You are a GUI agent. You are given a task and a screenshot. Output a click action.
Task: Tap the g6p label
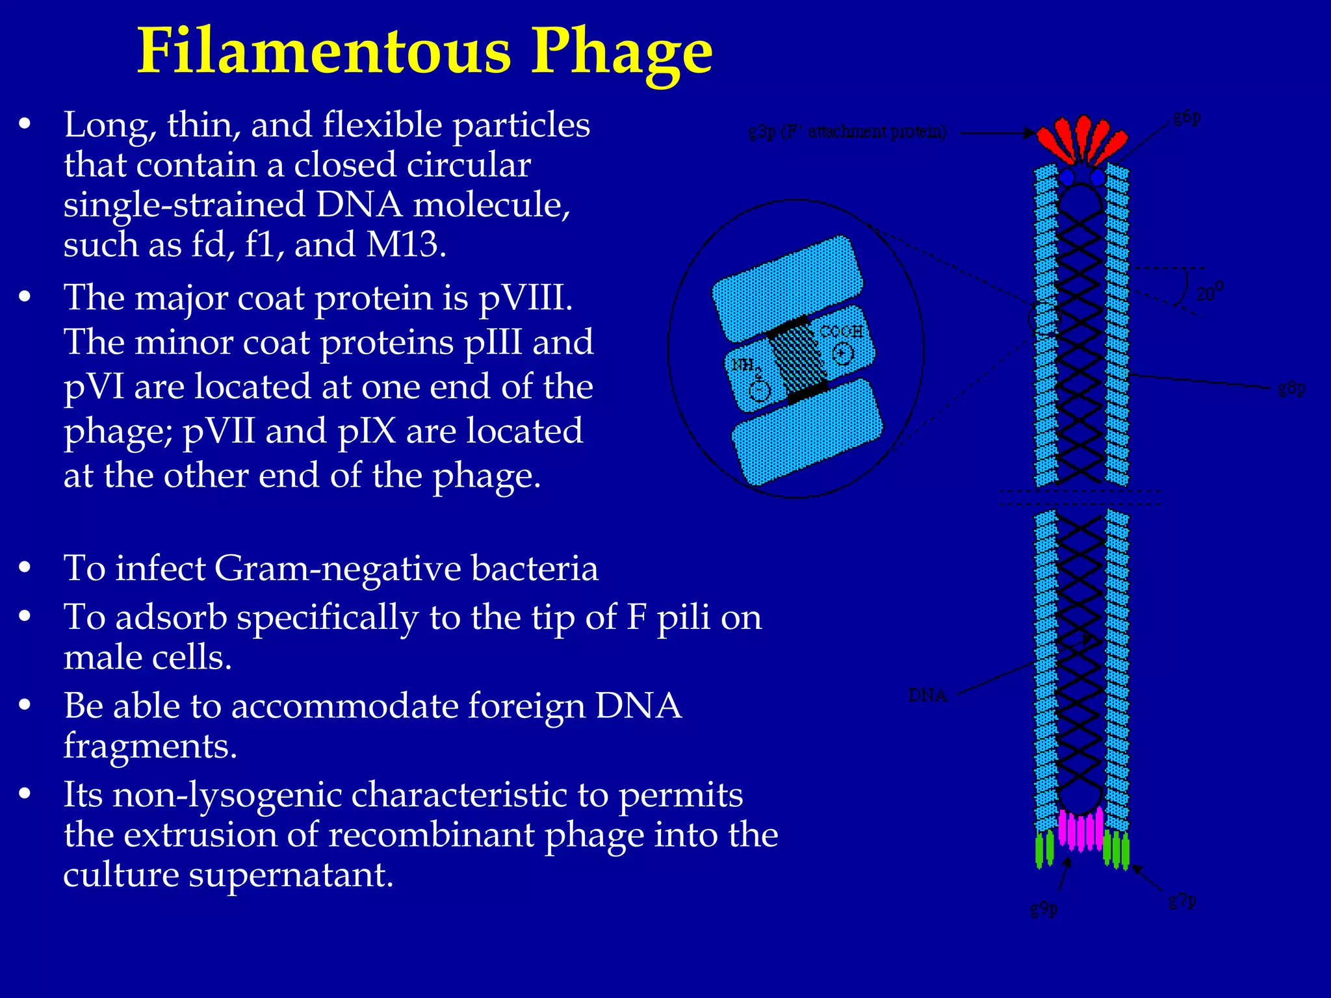[x=1187, y=118]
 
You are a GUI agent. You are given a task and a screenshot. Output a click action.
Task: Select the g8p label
[x=1291, y=389]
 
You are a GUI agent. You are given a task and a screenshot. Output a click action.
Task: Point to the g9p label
[x=1044, y=908]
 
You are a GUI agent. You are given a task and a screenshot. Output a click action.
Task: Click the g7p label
[x=1182, y=901]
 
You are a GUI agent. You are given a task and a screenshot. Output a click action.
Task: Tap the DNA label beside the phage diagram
[x=927, y=695]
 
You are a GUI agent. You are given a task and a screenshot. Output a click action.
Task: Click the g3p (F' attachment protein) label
[x=847, y=132]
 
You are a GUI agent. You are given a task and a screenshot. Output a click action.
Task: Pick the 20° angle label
[x=1209, y=292]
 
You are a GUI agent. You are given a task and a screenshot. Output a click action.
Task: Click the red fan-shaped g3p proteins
[x=1081, y=139]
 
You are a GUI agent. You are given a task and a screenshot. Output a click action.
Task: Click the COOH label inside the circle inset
[x=841, y=331]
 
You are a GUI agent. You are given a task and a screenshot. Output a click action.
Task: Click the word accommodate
[x=344, y=706]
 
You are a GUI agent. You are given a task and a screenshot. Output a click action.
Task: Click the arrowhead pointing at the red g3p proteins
[x=1029, y=133]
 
